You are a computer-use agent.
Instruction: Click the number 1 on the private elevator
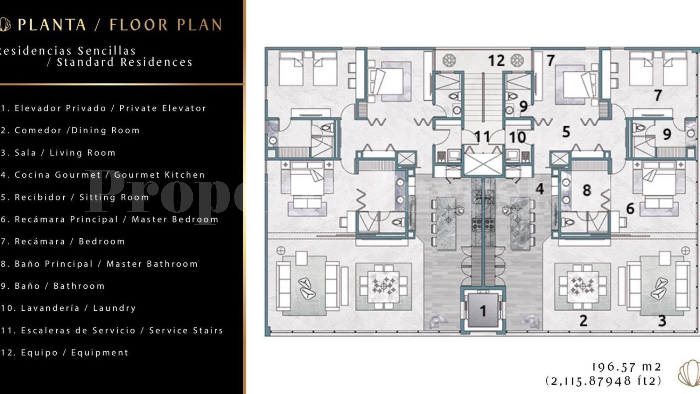pyautogui.click(x=483, y=311)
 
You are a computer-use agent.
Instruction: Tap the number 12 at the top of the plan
pyautogui.click(x=496, y=61)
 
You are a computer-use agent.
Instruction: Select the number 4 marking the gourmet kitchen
pyautogui.click(x=540, y=189)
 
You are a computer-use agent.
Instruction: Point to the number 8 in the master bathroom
pyautogui.click(x=587, y=190)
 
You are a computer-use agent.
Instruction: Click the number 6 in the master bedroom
pyautogui.click(x=630, y=208)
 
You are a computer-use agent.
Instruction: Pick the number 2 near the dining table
pyautogui.click(x=583, y=321)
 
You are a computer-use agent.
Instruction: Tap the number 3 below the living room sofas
pyautogui.click(x=662, y=321)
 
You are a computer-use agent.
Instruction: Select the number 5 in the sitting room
pyautogui.click(x=566, y=132)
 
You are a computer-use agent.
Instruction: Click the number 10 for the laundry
pyautogui.click(x=517, y=137)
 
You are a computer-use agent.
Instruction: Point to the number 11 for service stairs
pyautogui.click(x=482, y=137)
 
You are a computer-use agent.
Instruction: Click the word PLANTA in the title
pyautogui.click(x=52, y=25)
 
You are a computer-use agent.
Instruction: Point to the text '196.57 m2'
pyautogui.click(x=626, y=367)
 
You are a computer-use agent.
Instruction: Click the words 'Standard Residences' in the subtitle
pyautogui.click(x=124, y=62)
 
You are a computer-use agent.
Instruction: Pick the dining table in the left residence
pyautogui.click(x=383, y=286)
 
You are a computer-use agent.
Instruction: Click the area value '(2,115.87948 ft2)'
pyautogui.click(x=603, y=381)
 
